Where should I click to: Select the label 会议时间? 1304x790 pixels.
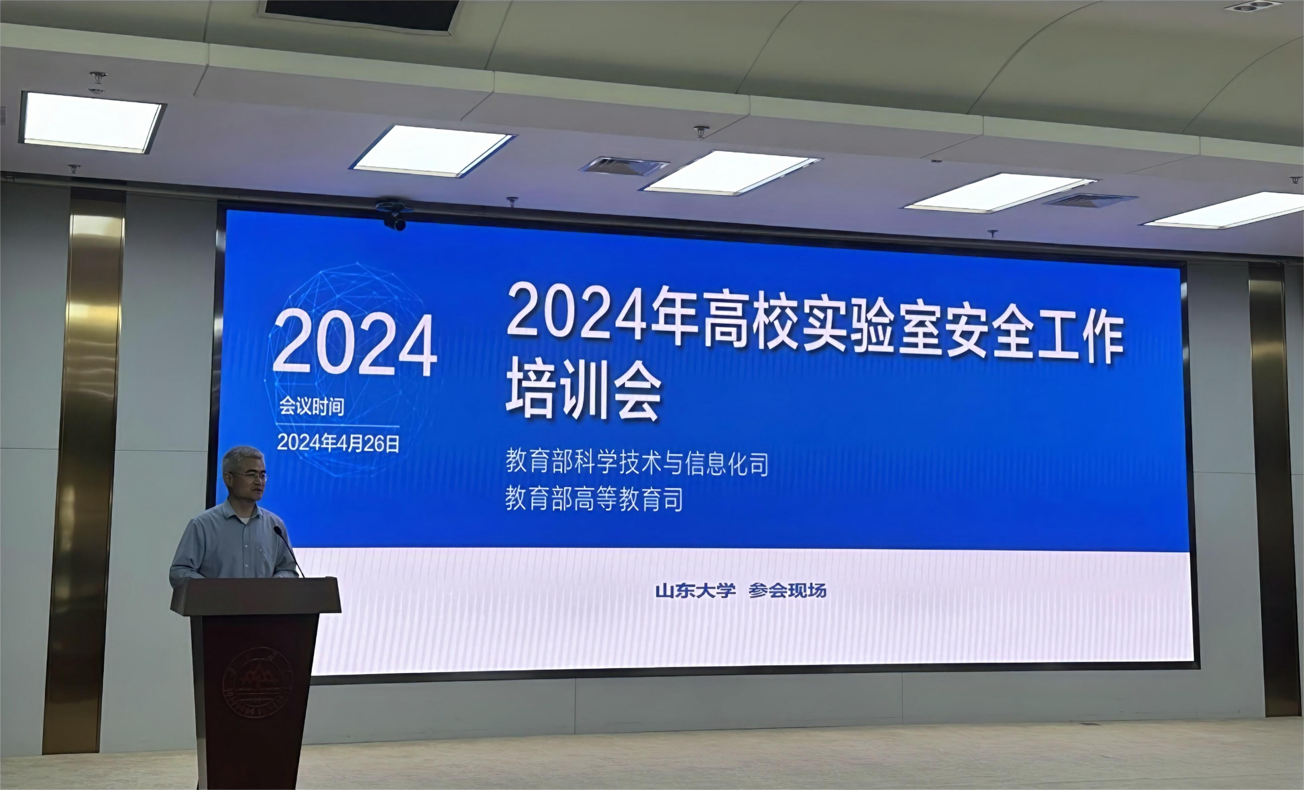pos(312,407)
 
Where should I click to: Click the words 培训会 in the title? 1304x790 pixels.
pos(584,392)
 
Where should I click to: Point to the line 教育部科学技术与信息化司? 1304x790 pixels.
pos(637,462)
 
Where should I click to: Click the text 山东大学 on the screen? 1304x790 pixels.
pos(695,590)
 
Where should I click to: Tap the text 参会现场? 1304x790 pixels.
pos(787,590)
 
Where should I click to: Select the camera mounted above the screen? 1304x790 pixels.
pos(394,217)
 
